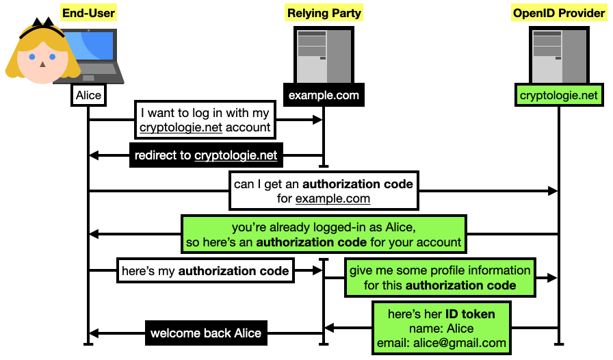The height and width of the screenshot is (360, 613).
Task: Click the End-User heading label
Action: (89, 13)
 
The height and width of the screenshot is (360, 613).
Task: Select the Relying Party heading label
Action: (324, 13)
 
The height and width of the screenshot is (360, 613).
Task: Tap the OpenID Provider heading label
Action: (559, 13)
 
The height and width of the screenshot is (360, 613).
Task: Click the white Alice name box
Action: (88, 95)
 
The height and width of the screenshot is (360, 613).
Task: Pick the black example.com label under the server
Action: (324, 95)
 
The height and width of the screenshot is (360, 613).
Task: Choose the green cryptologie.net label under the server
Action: (559, 95)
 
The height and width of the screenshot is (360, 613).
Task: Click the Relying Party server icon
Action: (324, 55)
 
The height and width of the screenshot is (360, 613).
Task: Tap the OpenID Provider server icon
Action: (559, 55)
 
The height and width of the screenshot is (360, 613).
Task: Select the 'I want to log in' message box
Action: (205, 120)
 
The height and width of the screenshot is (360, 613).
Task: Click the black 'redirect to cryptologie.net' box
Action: (206, 155)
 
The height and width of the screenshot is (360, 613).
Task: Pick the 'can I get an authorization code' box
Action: (324, 191)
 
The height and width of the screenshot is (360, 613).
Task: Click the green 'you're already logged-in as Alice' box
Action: (324, 234)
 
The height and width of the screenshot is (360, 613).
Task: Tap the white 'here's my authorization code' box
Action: (205, 271)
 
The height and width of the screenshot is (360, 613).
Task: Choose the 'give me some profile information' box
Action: (440, 277)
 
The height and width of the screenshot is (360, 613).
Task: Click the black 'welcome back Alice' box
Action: (206, 333)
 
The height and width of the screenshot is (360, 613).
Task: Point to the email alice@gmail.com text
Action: (441, 343)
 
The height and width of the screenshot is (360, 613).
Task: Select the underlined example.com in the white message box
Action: (332, 198)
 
